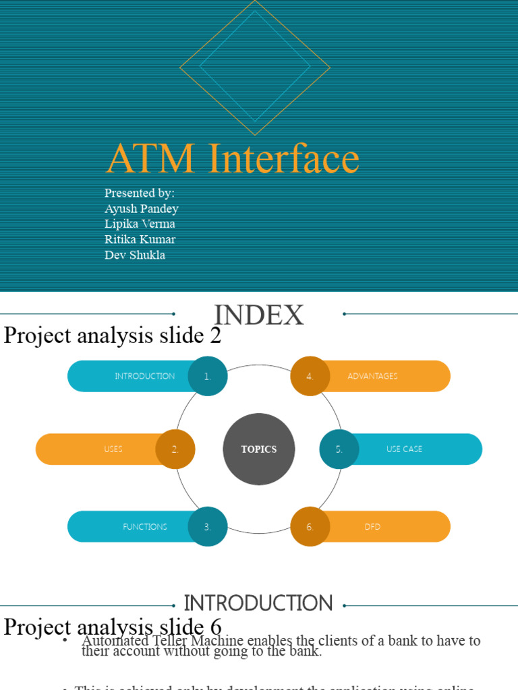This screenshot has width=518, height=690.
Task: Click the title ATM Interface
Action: [x=233, y=159]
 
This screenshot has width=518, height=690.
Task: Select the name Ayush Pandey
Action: [x=142, y=209]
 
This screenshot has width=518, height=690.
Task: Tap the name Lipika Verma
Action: [x=140, y=224]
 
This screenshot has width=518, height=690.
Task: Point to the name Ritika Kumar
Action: [x=140, y=240]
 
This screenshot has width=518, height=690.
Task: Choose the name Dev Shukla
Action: [x=135, y=255]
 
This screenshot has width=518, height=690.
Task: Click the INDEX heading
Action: [x=259, y=315]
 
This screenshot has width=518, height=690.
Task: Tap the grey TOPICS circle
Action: [x=259, y=449]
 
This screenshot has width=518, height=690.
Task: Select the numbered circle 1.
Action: [x=208, y=377]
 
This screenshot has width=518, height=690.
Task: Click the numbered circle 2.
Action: [x=175, y=449]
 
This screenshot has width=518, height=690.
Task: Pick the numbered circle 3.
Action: [x=208, y=527]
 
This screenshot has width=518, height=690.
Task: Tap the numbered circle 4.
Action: [x=310, y=377]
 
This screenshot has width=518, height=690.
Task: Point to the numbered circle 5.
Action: [x=339, y=449]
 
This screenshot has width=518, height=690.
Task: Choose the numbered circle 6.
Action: [x=310, y=527]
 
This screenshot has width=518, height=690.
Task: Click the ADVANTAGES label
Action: [x=372, y=377]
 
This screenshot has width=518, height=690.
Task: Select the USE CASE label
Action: [x=404, y=449]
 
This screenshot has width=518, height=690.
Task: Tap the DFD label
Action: [x=372, y=527]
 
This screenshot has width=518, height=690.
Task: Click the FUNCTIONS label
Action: [x=145, y=527]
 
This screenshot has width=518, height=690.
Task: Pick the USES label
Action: [x=113, y=449]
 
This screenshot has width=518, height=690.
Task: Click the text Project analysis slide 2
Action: [x=113, y=336]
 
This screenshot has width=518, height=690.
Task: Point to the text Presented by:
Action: [x=140, y=193]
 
